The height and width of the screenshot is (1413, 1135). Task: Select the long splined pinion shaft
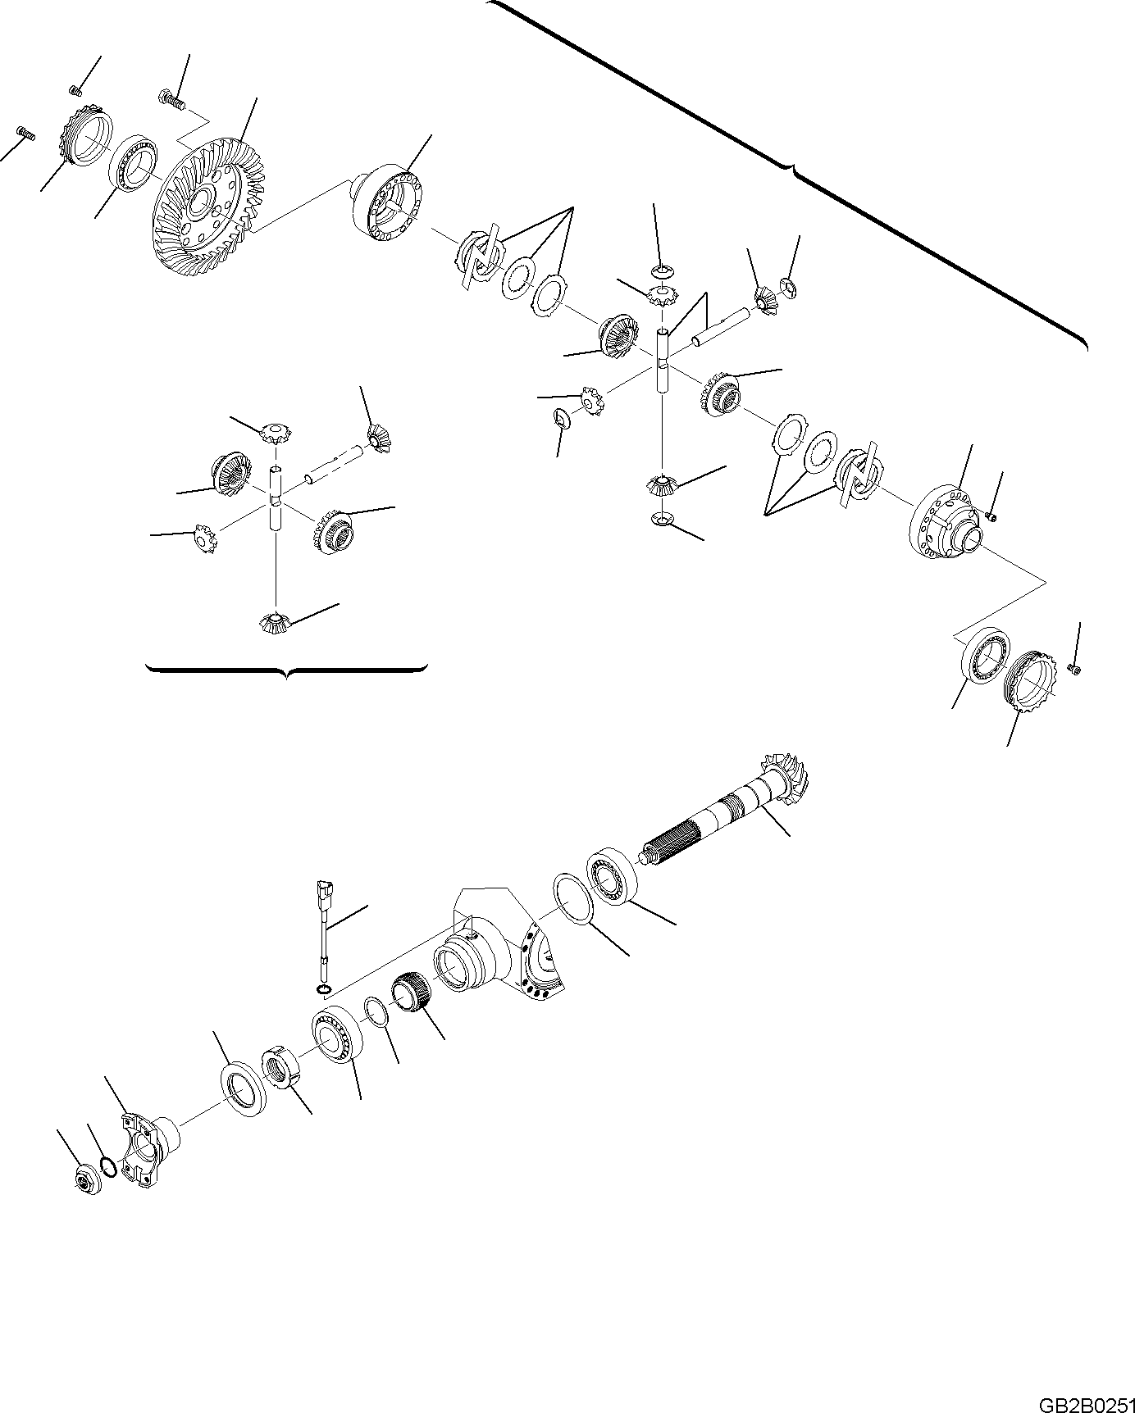[721, 815]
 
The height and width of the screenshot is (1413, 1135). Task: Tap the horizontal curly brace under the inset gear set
[286, 670]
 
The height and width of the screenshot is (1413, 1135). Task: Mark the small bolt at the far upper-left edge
[25, 133]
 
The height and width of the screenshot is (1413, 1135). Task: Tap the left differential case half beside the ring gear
[387, 205]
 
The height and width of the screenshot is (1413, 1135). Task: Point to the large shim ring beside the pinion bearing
[574, 899]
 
